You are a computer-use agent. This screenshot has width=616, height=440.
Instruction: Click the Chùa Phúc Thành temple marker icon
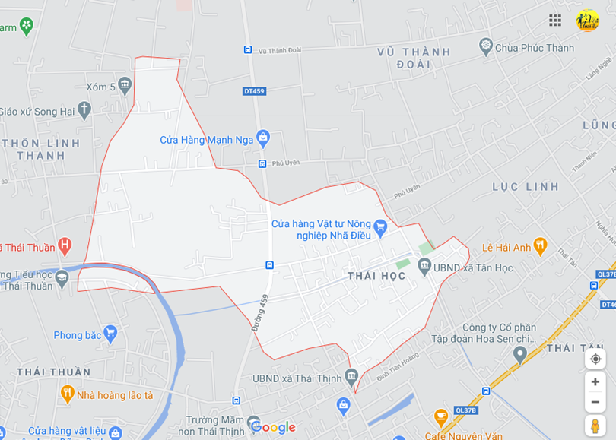(x=486, y=47)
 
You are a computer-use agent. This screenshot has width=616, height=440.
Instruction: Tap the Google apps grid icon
(x=555, y=21)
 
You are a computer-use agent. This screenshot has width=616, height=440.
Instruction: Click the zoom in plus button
(x=595, y=381)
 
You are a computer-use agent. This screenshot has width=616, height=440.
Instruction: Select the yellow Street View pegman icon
(x=595, y=426)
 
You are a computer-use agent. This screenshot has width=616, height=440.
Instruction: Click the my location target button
(x=595, y=359)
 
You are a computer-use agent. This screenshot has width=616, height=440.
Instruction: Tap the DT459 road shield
(x=254, y=91)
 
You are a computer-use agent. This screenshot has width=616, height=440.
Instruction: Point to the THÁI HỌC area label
(x=376, y=276)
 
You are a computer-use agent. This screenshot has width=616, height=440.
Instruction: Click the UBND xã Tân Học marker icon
(x=424, y=267)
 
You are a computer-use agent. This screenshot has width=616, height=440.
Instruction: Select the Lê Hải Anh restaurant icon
(x=540, y=246)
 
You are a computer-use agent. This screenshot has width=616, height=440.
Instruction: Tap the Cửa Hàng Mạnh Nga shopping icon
(x=263, y=138)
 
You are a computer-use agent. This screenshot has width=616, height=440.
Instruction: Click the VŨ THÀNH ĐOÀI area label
(x=414, y=58)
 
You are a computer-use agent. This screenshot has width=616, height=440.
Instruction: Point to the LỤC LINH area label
(x=526, y=186)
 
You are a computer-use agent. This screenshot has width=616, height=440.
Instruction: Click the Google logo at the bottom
(x=272, y=427)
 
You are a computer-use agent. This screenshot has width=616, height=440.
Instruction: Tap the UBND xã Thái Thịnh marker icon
(x=351, y=376)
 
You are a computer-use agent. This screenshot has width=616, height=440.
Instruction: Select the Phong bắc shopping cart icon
(x=110, y=334)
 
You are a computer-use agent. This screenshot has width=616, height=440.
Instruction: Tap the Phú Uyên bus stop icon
(x=262, y=163)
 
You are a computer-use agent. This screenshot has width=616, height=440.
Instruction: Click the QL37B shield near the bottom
(x=465, y=410)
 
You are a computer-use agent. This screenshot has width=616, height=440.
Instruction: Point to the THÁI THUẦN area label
(x=53, y=372)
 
